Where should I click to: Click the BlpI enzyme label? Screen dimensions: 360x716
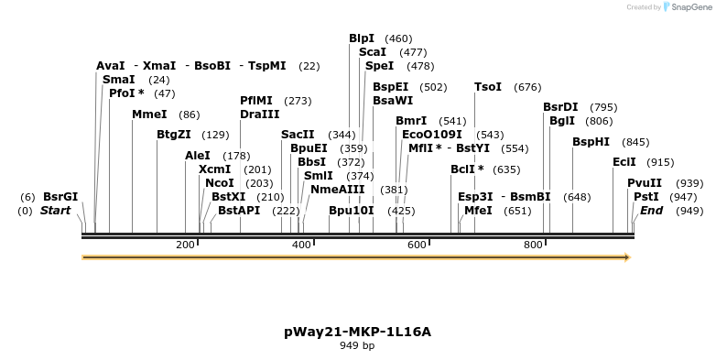pyautogui.click(x=362, y=38)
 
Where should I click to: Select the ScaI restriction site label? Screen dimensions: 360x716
pyautogui.click(x=373, y=52)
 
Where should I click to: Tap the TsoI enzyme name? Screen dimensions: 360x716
pyautogui.click(x=487, y=87)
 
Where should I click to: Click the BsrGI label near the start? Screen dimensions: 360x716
pyautogui.click(x=60, y=197)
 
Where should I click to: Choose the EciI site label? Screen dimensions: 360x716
pyautogui.click(x=624, y=162)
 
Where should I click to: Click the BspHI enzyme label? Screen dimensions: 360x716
pyautogui.click(x=591, y=142)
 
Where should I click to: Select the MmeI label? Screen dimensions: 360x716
pyautogui.click(x=149, y=115)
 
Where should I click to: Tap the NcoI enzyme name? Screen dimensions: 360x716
pyautogui.click(x=220, y=183)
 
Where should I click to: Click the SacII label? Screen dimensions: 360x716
pyautogui.click(x=298, y=135)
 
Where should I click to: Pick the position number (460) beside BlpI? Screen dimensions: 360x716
pyautogui.click(x=398, y=38)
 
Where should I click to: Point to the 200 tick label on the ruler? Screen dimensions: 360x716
pyautogui.click(x=185, y=245)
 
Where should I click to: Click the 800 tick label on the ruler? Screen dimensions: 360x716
pyautogui.click(x=533, y=245)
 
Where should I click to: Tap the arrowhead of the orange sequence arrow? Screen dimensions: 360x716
pyautogui.click(x=627, y=258)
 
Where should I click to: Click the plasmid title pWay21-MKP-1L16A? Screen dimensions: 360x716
pyautogui.click(x=357, y=331)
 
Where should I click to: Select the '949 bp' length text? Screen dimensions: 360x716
pyautogui.click(x=357, y=346)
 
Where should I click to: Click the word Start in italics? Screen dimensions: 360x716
pyautogui.click(x=55, y=211)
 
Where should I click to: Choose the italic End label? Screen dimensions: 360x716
pyautogui.click(x=651, y=211)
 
